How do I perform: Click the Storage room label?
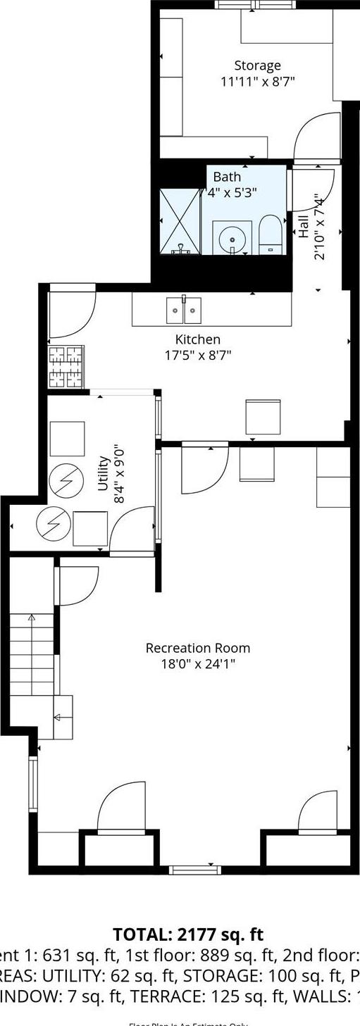point(257,66)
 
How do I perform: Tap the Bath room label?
point(227,177)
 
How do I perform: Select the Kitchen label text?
point(197,339)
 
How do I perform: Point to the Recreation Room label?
point(197,648)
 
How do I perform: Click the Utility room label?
point(103,473)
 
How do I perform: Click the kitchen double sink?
point(184,309)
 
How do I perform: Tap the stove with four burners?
point(66,366)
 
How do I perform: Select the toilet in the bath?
point(269,234)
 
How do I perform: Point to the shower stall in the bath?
point(180,220)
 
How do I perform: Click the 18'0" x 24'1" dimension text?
point(197,663)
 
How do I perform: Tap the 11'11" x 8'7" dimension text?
point(257,81)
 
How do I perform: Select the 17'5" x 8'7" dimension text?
point(197,356)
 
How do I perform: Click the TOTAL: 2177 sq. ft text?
point(188,934)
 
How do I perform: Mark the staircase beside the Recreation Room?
point(32,655)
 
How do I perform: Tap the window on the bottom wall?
point(195,870)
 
